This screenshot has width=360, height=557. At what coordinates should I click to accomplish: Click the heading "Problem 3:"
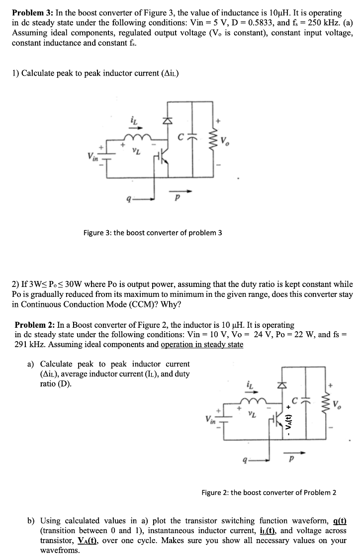tap(33, 12)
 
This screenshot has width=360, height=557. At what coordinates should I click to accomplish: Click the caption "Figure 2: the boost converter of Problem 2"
tap(269, 492)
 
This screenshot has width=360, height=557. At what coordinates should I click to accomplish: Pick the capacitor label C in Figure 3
tap(182, 131)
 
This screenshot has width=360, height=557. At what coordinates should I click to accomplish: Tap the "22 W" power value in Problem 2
tap(299, 334)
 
